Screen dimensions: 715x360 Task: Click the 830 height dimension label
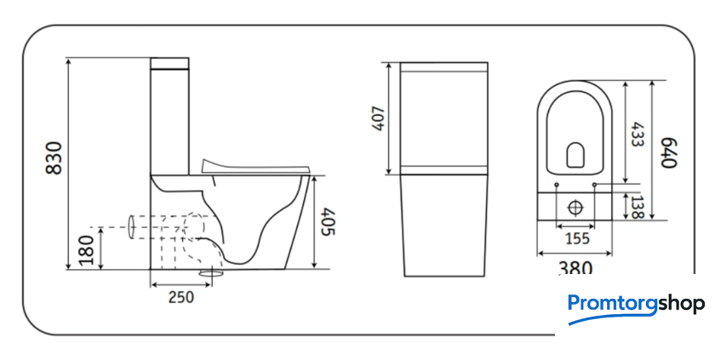(x=54, y=158)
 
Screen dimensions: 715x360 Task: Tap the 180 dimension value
(x=86, y=250)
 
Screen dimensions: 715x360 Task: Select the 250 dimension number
(x=181, y=297)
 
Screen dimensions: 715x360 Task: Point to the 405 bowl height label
(x=328, y=222)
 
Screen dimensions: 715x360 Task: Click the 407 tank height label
(x=379, y=118)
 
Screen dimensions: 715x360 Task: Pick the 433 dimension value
(x=637, y=134)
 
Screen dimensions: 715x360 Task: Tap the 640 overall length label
(x=669, y=152)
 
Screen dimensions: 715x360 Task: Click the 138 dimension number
(x=636, y=207)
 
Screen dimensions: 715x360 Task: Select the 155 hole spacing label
(x=577, y=238)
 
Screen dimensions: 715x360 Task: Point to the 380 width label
(x=575, y=267)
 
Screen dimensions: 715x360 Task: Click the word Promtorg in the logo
(x=612, y=304)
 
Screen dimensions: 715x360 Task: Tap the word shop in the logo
(x=681, y=304)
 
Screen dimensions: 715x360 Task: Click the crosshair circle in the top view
(x=575, y=208)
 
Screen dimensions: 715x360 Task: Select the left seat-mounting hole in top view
(x=557, y=185)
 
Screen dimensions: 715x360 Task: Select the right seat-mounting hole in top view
(x=595, y=185)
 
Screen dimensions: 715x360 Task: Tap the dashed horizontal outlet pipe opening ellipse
(x=132, y=227)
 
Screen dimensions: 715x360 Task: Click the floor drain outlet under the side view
(x=211, y=273)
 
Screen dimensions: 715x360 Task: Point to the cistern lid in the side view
(x=169, y=63)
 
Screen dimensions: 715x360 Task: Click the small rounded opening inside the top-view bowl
(x=575, y=155)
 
